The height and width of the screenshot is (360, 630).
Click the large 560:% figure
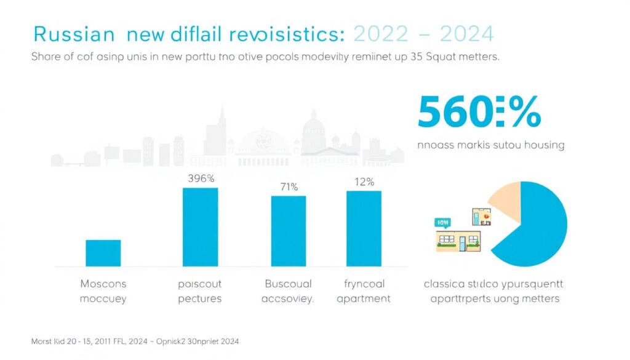click(479, 113)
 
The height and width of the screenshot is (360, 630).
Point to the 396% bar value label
click(200, 179)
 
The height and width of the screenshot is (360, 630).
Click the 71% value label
click(288, 186)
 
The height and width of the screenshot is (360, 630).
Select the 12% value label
click(364, 182)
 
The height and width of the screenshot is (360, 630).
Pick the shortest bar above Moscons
click(103, 253)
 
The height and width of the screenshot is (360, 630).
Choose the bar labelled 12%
click(364, 228)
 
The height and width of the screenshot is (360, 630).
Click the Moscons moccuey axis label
click(103, 291)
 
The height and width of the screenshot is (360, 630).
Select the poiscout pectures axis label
click(199, 291)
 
